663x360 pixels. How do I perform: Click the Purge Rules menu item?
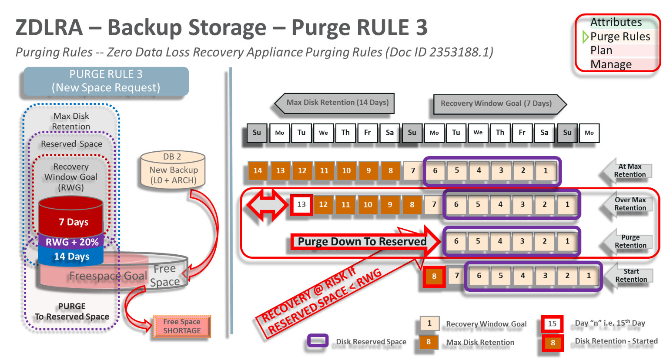(x=620, y=37)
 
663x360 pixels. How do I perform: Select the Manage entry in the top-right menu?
(x=611, y=64)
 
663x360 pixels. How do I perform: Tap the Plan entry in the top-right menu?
(x=602, y=50)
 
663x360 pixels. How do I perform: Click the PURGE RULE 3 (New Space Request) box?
(x=106, y=81)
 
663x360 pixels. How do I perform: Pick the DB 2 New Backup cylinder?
(x=173, y=170)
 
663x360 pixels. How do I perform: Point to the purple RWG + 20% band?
(x=72, y=242)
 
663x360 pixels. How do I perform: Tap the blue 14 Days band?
(x=71, y=257)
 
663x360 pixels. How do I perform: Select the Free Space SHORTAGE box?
(x=182, y=327)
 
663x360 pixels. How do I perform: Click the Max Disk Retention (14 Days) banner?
(x=337, y=103)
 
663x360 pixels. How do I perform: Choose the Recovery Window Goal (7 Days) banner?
(x=497, y=104)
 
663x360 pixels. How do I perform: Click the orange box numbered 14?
(x=258, y=170)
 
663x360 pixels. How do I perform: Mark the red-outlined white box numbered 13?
(x=301, y=204)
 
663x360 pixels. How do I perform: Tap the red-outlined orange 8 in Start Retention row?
(x=434, y=276)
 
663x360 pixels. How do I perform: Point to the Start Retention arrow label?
(x=630, y=275)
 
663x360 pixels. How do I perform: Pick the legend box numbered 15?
(x=552, y=323)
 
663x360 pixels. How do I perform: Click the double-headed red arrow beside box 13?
(x=267, y=205)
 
